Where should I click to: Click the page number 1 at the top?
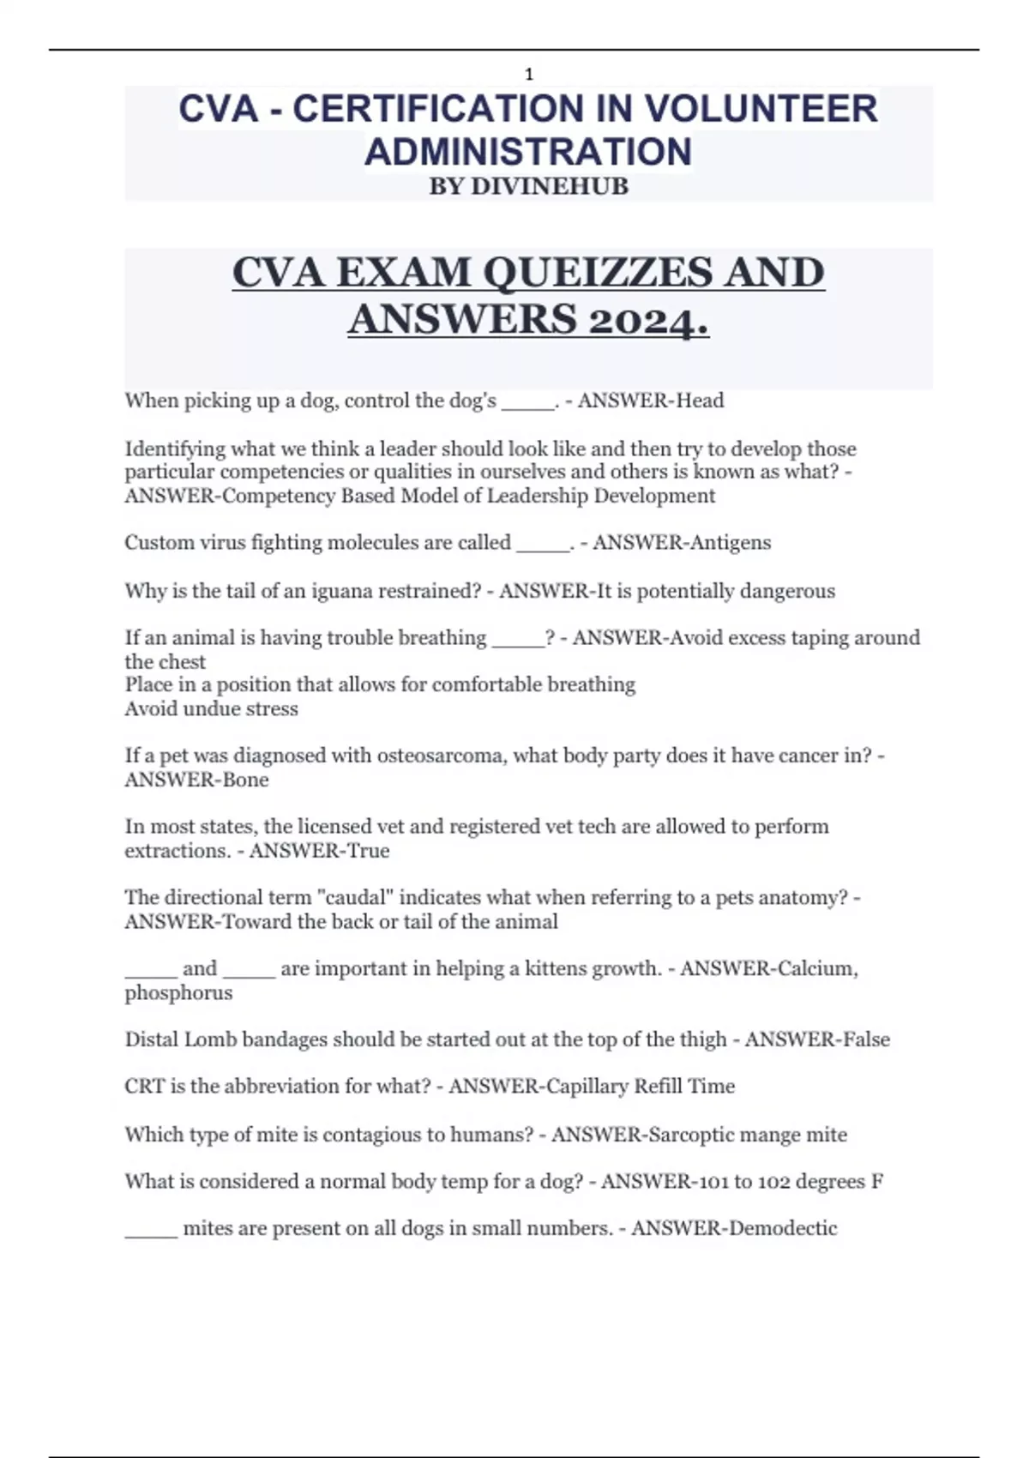(x=529, y=75)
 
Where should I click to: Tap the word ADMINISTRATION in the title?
(x=528, y=152)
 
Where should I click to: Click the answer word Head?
(x=701, y=401)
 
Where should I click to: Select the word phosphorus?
(x=178, y=992)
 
